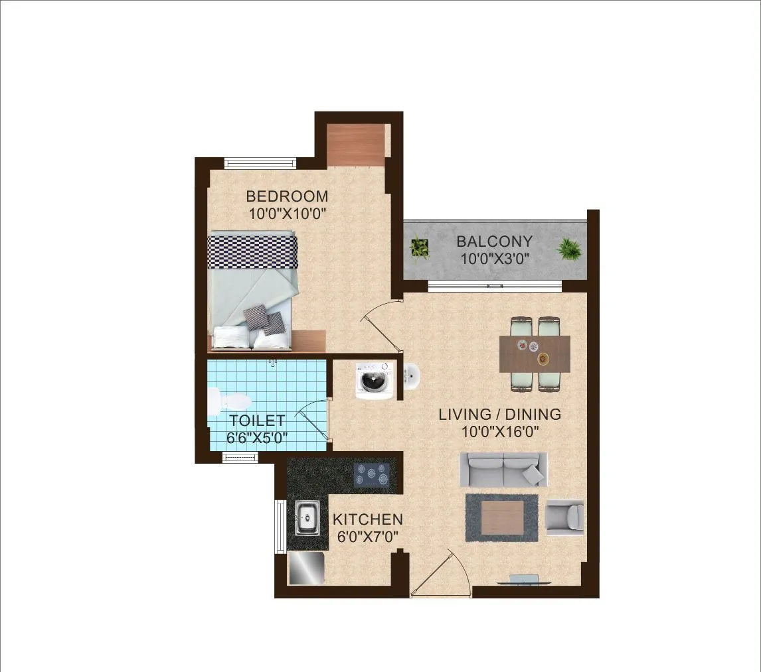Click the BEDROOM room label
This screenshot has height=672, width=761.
pos(287,196)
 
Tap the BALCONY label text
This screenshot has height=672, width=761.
pos(494,241)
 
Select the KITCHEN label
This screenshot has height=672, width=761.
pos(367,519)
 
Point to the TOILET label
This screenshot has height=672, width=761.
pos(257,421)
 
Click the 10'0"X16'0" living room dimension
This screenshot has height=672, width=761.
pos(499,432)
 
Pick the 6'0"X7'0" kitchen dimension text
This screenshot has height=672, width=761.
pos(367,537)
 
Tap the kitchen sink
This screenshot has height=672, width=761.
pos(306,517)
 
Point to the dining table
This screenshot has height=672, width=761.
pos(535,354)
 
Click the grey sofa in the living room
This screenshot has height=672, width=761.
pos(503,470)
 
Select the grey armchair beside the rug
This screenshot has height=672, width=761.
pos(564,517)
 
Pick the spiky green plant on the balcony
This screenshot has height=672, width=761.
pos(569,249)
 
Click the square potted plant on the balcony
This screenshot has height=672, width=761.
pos(420,247)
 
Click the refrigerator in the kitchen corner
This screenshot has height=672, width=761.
pos(306,569)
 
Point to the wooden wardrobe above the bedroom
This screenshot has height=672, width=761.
pos(357,145)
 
